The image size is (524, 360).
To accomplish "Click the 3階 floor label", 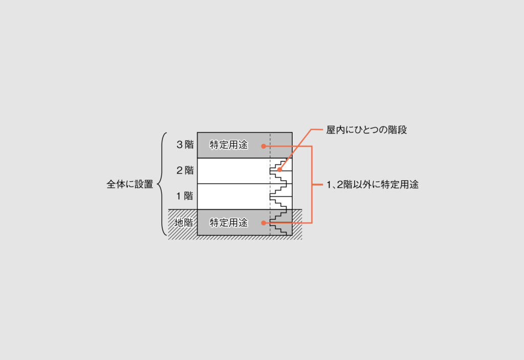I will click(185, 145).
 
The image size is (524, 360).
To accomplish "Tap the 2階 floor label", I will click(185, 171).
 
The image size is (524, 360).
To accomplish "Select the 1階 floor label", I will click(185, 196).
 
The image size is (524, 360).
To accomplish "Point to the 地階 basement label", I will click(183, 223).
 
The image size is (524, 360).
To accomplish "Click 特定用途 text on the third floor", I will click(228, 145).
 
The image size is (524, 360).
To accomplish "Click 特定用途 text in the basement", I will click(228, 223).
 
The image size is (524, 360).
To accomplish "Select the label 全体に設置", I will click(129, 184).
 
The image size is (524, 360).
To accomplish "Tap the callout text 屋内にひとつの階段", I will click(366, 130).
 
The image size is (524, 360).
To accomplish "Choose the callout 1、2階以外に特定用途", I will click(373, 185).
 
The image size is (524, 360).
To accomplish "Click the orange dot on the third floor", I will click(264, 146).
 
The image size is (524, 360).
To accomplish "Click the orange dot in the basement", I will click(264, 223).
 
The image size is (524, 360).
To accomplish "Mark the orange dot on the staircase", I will click(279, 170).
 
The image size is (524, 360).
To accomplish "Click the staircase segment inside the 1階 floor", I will click(280, 196).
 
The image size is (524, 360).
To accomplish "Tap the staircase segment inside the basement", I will click(280, 223).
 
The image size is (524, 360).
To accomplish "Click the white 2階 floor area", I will click(230, 171).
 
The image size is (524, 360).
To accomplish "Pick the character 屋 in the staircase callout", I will click(331, 130).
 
